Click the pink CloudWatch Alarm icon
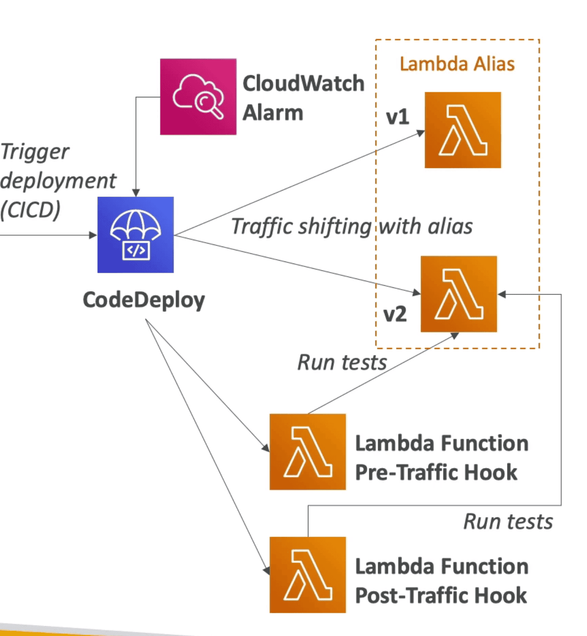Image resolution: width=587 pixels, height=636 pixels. (198, 97)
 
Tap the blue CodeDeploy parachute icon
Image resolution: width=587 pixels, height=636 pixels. (136, 235)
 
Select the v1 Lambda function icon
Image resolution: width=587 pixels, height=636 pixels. (463, 130)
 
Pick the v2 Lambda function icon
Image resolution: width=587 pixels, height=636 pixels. (459, 294)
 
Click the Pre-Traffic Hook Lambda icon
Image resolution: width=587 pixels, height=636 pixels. (308, 451)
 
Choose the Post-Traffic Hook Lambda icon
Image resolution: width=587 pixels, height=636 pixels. (308, 575)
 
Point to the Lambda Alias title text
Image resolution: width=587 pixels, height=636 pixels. (457, 64)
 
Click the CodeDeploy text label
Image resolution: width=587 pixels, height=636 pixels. (144, 300)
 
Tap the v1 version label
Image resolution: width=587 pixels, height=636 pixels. (397, 117)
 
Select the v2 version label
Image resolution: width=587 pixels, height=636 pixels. (395, 315)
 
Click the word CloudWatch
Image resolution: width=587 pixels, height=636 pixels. (303, 83)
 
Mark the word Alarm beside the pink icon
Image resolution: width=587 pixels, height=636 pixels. (273, 113)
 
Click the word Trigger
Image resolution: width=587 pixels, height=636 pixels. (35, 152)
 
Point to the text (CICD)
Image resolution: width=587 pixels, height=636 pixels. (30, 210)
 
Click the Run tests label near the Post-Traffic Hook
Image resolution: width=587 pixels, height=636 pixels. (508, 522)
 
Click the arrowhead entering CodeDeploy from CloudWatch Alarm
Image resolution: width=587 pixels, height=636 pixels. (136, 193)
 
